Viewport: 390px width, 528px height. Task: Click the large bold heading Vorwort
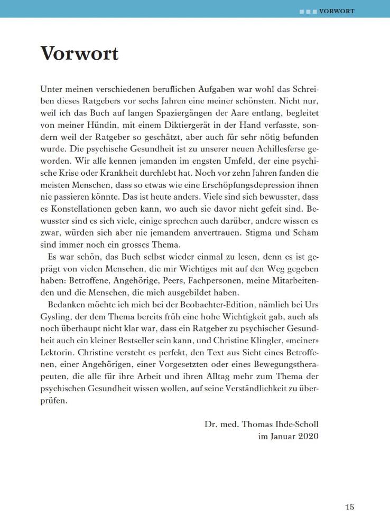[x=79, y=54]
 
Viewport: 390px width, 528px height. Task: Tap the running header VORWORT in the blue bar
[x=337, y=11]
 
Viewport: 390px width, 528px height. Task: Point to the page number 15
[x=350, y=507]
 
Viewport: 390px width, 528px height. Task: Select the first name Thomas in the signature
[x=259, y=425]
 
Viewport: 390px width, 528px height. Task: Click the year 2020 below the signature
[x=308, y=437]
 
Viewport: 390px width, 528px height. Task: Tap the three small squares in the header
[x=308, y=11]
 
